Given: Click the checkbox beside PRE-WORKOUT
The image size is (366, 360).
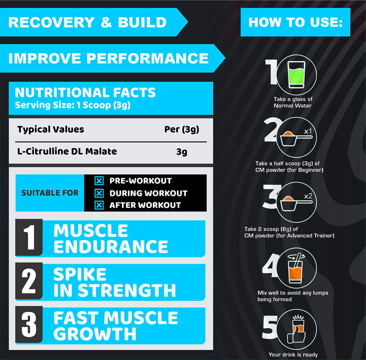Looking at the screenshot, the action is click(99, 181).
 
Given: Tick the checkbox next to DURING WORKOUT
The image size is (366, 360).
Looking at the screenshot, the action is click(99, 193).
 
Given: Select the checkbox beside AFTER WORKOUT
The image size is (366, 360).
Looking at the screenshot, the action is click(99, 205).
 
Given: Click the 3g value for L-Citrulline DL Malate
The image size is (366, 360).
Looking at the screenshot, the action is click(182, 152).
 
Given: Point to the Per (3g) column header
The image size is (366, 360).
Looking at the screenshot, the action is click(182, 130).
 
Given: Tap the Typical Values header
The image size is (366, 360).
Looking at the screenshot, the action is click(51, 129).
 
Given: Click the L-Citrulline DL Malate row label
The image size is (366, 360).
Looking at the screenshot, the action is click(67, 151).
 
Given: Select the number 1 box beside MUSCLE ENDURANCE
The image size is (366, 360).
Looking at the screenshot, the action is click(29, 237).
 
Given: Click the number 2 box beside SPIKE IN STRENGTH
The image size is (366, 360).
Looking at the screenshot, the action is click(29, 281).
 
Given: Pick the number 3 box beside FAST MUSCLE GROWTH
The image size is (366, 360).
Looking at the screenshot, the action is click(29, 324).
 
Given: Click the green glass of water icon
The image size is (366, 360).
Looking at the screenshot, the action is click(296, 75).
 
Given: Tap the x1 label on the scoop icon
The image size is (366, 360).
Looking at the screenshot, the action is click(308, 131).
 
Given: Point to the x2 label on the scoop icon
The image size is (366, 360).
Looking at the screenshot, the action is click(308, 196).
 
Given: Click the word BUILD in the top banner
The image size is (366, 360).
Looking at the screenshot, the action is click(142, 22).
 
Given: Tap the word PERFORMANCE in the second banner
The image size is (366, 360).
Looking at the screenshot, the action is click(147, 58).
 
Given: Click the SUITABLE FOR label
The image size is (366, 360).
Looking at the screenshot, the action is click(50, 193).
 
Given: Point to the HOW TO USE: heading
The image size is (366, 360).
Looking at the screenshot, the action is click(295, 22).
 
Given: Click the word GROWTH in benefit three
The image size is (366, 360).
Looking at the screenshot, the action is click(95, 334).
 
